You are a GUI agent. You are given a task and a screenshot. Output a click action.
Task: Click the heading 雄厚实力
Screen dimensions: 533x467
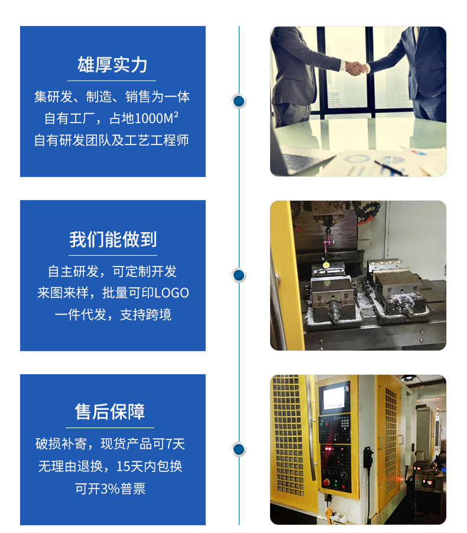(x=112, y=65)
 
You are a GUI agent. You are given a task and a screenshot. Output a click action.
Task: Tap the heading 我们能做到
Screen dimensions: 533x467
(x=112, y=239)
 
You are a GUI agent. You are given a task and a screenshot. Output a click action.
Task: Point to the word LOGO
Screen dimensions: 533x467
(x=171, y=293)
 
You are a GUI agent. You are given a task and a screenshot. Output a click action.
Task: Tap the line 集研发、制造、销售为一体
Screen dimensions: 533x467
(x=112, y=97)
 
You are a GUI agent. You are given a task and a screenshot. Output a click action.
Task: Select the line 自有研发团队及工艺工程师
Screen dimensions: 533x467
(x=112, y=140)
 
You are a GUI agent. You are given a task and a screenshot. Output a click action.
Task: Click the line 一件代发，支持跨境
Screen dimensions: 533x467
(x=112, y=314)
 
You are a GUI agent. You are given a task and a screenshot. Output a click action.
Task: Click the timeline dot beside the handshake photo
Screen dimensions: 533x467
(x=239, y=101)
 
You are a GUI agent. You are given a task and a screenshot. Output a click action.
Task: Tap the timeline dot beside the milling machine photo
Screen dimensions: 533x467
(x=239, y=275)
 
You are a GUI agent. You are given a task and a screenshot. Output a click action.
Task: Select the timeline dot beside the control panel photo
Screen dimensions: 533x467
(x=239, y=449)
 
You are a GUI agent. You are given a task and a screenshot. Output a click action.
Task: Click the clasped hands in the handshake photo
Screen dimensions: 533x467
(x=355, y=68)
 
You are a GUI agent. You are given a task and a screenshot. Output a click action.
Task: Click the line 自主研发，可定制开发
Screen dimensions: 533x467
(x=112, y=271)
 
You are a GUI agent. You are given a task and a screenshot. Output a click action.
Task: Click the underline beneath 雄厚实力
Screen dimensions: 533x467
(x=112, y=80)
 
